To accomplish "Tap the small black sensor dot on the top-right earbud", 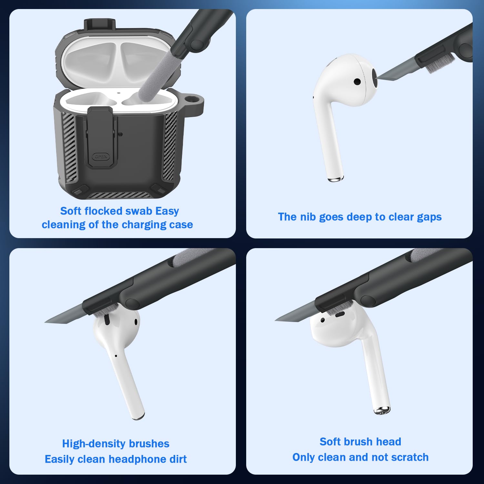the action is coord(357,82).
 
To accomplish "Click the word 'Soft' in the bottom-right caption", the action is coord(330,442).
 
